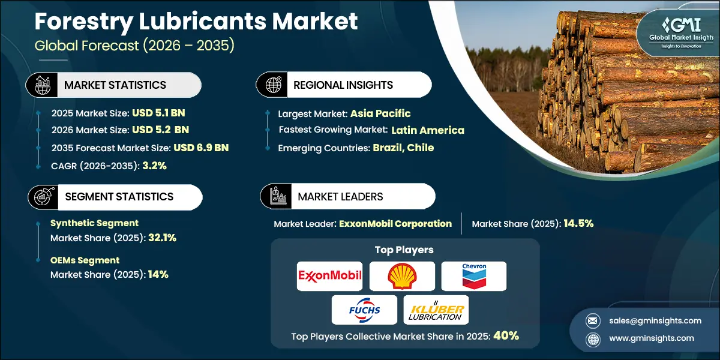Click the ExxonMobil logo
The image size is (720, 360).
330,275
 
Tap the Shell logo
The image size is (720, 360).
401,275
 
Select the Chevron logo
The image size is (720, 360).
474,275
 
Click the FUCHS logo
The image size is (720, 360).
364,310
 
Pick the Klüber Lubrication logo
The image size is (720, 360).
436,310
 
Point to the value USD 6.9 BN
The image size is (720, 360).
201,148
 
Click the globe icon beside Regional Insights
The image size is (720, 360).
273,85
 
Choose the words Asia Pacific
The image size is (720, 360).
380,113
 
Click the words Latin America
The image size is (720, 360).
428,130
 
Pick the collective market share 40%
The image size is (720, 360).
506,336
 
